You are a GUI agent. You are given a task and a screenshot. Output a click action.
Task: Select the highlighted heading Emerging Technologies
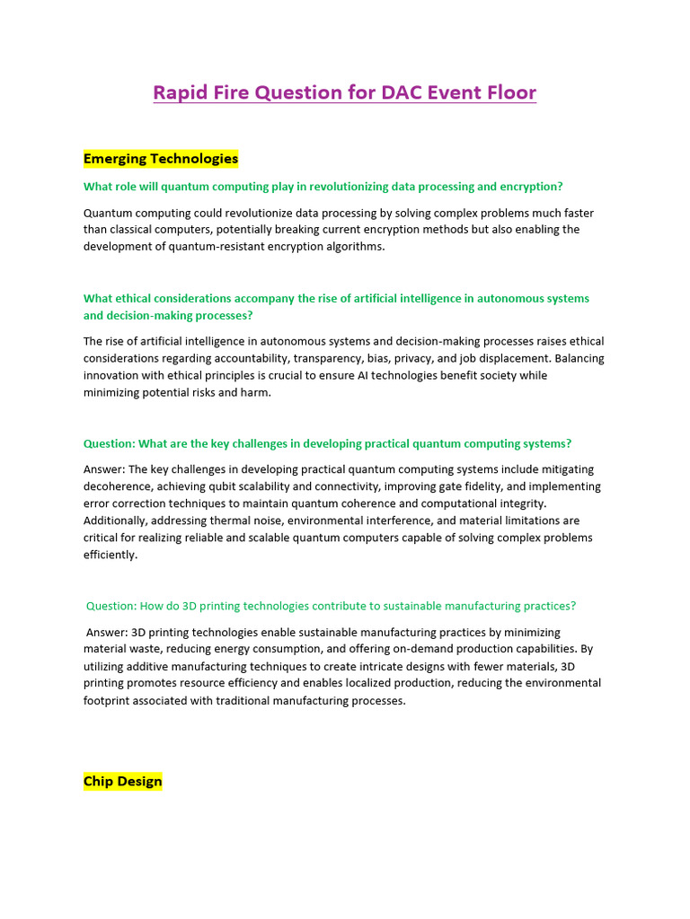pos(161,159)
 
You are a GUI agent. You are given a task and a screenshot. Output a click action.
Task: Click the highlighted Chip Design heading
pos(123,781)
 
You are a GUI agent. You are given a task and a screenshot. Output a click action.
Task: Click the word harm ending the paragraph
pos(256,392)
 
